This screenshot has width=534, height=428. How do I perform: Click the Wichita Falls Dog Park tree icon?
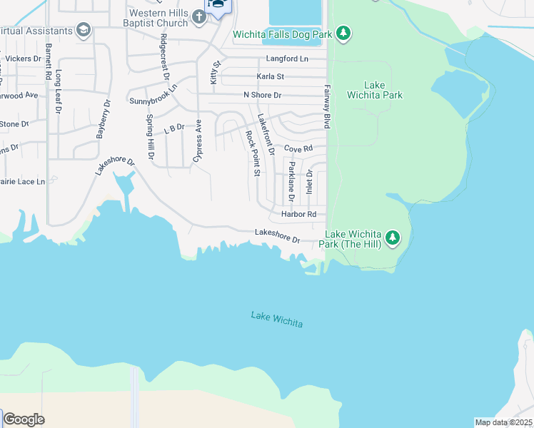[343, 33]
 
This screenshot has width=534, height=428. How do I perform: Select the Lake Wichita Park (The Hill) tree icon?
[392, 238]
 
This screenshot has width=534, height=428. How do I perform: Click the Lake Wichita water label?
[277, 319]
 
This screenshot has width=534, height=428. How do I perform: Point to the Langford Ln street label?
[286, 58]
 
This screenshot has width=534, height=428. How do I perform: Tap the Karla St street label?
[271, 76]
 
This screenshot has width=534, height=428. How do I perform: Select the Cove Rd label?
[298, 148]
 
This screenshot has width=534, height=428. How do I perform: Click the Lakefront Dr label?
[266, 134]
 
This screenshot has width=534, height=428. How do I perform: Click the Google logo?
[24, 419]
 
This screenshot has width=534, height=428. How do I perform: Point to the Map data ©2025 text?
[503, 422]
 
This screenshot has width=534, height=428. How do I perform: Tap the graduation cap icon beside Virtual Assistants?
[84, 31]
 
